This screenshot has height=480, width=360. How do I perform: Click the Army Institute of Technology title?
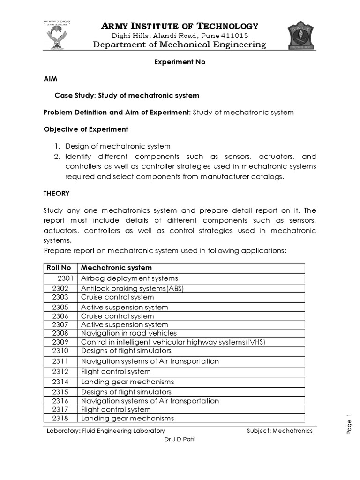click(x=180, y=26)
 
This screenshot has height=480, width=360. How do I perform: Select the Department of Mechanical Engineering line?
click(x=180, y=45)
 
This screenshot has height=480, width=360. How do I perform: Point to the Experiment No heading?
click(x=180, y=62)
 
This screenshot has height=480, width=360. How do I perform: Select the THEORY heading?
click(x=56, y=193)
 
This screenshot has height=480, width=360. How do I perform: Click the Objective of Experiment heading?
click(x=86, y=129)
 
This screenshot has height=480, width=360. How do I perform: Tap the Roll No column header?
click(x=59, y=268)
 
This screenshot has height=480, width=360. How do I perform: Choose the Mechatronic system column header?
click(x=116, y=268)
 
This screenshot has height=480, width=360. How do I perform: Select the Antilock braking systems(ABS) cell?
click(x=132, y=288)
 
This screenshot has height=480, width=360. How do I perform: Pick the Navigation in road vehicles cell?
click(x=129, y=333)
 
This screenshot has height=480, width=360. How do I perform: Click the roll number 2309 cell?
click(x=60, y=342)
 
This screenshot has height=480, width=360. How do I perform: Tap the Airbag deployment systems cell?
click(x=129, y=278)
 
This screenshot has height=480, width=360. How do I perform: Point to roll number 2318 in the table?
click(x=60, y=418)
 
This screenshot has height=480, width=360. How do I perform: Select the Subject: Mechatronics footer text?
click(x=279, y=431)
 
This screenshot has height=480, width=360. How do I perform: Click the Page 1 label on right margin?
click(x=349, y=424)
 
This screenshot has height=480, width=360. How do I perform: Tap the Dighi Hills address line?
click(x=180, y=36)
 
